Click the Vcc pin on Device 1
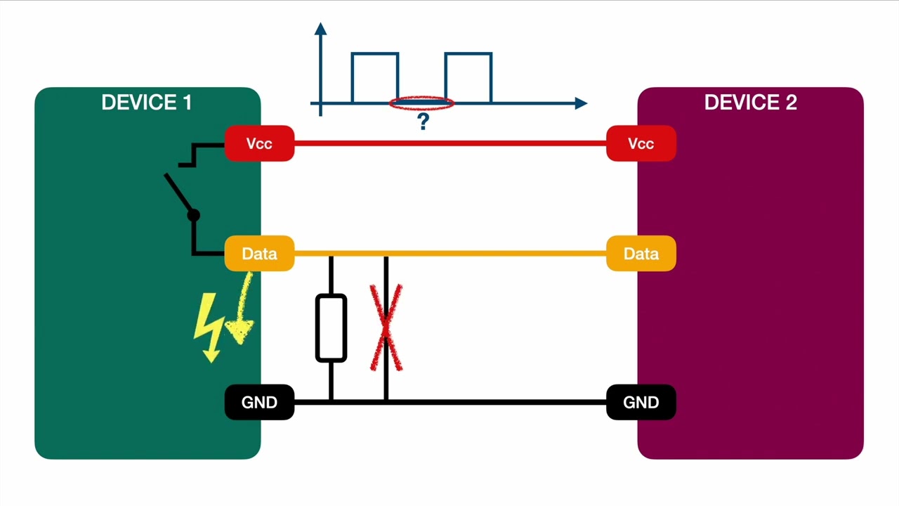tap(259, 144)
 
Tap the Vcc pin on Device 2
tap(641, 144)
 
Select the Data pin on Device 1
tap(259, 254)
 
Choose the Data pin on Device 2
tap(641, 254)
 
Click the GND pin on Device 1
tap(259, 403)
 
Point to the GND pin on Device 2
tap(641, 403)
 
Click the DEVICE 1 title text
tap(146, 103)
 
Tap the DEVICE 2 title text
tap(750, 103)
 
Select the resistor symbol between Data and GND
tap(331, 327)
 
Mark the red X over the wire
tap(386, 327)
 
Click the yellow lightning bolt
tap(209, 327)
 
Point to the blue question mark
tap(423, 122)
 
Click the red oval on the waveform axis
tap(421, 104)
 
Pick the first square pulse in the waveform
tap(375, 77)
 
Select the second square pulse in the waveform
tap(468, 77)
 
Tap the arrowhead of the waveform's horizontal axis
tap(581, 104)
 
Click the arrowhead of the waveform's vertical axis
tap(321, 29)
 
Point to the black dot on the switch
tap(194, 216)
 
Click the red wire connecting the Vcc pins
tap(449, 143)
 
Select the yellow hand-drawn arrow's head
tap(240, 330)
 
